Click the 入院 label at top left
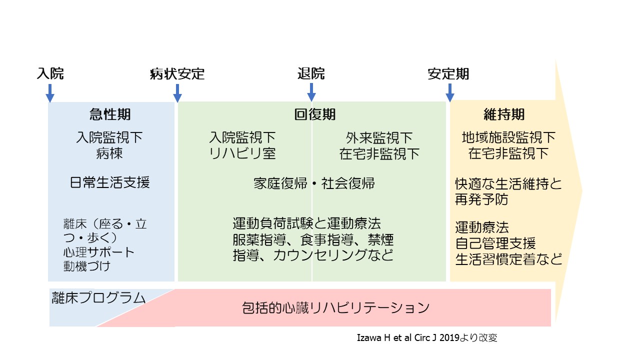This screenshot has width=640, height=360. click(x=50, y=74)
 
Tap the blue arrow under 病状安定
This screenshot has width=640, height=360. click(x=177, y=93)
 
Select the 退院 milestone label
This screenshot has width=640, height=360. click(x=311, y=74)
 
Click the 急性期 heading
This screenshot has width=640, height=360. click(x=110, y=114)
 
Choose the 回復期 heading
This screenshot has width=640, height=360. click(x=314, y=114)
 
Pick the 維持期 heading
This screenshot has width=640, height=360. click(x=504, y=114)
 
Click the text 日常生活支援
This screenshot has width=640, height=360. click(x=110, y=182)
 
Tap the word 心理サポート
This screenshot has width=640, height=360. click(x=99, y=251)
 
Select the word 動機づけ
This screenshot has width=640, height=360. click(x=87, y=265)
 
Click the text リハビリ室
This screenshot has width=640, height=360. click(x=242, y=153)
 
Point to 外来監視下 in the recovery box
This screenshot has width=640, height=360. click(x=379, y=137)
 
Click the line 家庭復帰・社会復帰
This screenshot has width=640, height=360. click(x=314, y=183)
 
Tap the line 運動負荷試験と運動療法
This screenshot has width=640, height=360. click(x=307, y=222)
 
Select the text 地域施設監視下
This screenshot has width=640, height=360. click(x=509, y=137)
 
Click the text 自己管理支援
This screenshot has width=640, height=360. click(x=495, y=243)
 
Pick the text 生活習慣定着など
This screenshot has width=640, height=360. click(x=509, y=259)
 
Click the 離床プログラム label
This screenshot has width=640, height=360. click(x=98, y=298)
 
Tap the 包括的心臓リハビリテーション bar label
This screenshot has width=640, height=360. click(x=335, y=307)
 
